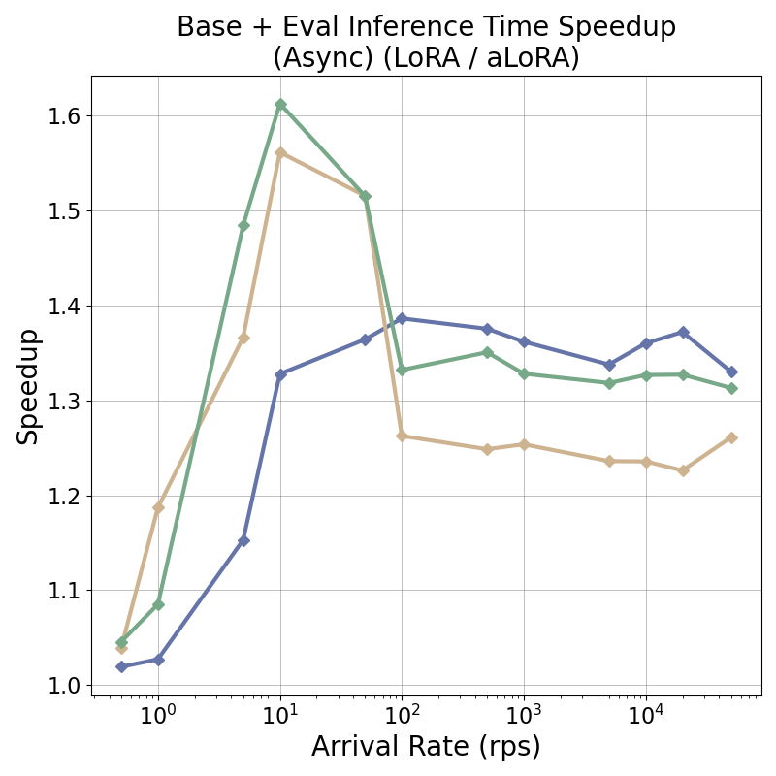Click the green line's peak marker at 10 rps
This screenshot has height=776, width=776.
(x=280, y=104)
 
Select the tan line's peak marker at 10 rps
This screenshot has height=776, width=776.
(x=280, y=152)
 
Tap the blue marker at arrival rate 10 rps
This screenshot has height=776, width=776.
(x=280, y=374)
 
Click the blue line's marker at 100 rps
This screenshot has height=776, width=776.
(x=402, y=318)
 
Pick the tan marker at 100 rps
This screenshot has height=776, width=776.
(x=402, y=436)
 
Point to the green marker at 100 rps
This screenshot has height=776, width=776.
(x=402, y=370)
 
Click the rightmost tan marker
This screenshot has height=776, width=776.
(x=731, y=437)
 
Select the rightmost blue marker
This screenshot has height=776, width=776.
(x=731, y=372)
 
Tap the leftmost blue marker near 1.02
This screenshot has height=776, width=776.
(x=121, y=666)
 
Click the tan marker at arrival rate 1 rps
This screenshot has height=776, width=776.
(x=158, y=507)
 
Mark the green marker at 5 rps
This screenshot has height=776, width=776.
(x=243, y=225)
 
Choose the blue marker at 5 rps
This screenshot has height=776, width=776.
(x=243, y=540)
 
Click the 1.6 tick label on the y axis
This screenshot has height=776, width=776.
(x=64, y=116)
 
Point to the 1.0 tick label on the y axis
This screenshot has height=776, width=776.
(x=64, y=686)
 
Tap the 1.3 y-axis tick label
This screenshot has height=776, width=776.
(x=64, y=402)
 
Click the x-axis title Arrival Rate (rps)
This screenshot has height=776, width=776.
(x=426, y=747)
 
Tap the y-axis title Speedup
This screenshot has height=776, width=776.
(x=29, y=386)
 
